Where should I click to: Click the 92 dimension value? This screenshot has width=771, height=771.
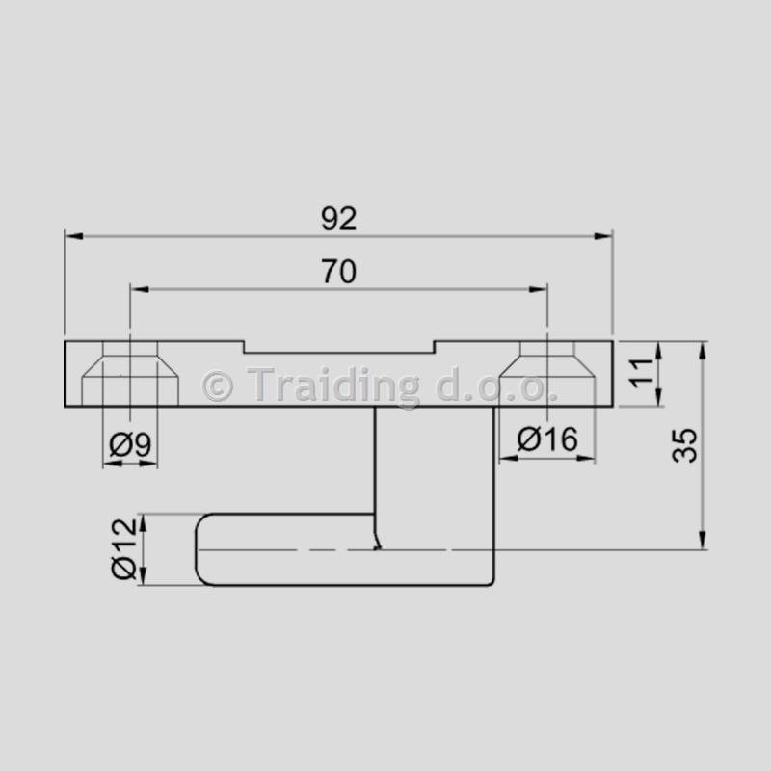(x=339, y=219)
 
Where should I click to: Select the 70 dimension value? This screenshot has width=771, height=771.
(x=339, y=272)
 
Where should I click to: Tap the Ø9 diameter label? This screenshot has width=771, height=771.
(x=130, y=444)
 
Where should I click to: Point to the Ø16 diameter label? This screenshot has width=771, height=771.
(x=547, y=439)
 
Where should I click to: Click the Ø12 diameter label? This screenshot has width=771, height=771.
(x=123, y=548)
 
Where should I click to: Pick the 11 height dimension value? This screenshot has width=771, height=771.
(x=642, y=373)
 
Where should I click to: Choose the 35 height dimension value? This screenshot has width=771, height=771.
(x=684, y=445)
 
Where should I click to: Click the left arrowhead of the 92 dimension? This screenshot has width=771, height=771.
(x=74, y=236)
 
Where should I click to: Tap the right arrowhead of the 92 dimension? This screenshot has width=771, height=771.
(x=603, y=236)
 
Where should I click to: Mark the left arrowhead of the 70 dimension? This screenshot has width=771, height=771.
(x=140, y=290)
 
